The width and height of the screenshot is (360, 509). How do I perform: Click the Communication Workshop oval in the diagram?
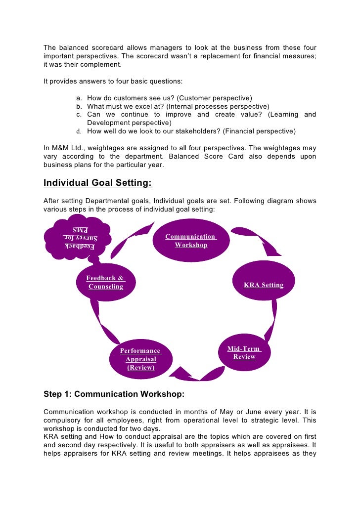[x=190, y=240]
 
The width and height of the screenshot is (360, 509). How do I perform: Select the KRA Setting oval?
[x=264, y=285]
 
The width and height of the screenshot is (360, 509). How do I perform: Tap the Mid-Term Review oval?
[x=244, y=353]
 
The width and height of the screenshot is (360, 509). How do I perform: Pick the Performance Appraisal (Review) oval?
[x=140, y=359]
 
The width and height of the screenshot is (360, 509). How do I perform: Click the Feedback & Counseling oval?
[x=105, y=282]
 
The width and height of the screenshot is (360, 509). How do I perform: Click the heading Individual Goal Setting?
[x=97, y=183]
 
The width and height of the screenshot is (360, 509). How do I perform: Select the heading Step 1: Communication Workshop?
[x=114, y=394]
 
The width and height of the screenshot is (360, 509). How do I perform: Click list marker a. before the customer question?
[x=79, y=98]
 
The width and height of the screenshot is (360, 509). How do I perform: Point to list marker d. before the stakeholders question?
[x=79, y=131]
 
